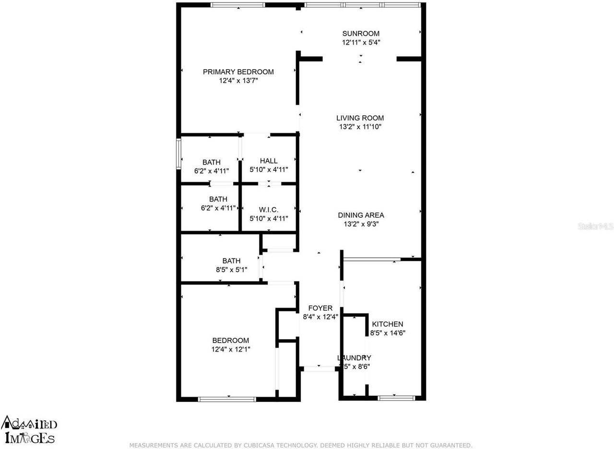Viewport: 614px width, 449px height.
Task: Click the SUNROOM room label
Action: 361,34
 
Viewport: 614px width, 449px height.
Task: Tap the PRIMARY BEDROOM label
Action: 238,72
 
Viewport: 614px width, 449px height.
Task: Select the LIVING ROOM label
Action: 360,118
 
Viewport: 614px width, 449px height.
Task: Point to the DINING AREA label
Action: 361,215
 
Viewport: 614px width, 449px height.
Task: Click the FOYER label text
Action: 320,308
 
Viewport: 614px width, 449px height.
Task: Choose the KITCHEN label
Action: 388,324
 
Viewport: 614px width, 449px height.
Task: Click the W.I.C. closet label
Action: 269,210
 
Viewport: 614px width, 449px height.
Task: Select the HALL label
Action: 269,161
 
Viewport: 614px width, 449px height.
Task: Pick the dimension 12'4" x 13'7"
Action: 238,81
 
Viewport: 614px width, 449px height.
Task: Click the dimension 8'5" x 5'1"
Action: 231,270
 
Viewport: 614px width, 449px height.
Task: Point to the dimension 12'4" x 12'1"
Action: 231,349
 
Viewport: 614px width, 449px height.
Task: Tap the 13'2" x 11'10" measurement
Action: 360,127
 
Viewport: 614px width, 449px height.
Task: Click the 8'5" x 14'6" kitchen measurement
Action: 388,333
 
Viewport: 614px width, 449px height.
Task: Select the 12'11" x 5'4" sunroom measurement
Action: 361,43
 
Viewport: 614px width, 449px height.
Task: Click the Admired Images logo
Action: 30,429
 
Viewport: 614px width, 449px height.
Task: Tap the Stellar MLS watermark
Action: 595,226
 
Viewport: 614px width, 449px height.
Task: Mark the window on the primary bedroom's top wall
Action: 237,5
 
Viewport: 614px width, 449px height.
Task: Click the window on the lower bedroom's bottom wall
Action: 227,399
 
